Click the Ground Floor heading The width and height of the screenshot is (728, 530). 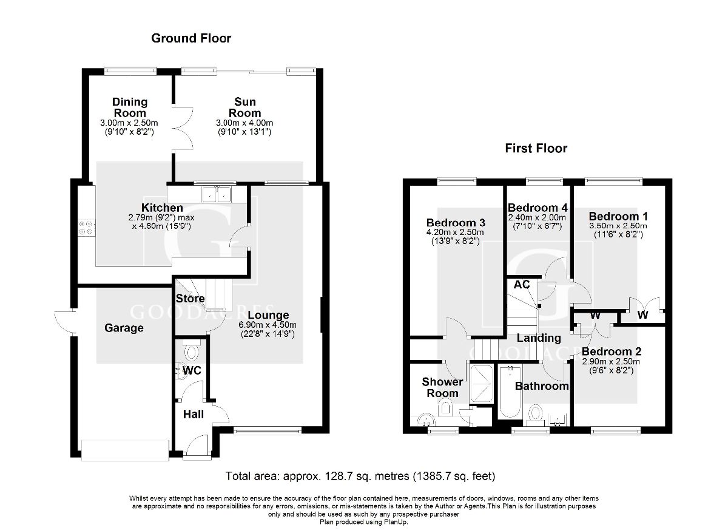[191, 38]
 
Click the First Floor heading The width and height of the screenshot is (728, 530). [536, 148]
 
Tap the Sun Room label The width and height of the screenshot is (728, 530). [244, 107]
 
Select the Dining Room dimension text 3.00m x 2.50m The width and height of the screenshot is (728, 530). [129, 123]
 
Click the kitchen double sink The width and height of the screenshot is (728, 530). [216, 194]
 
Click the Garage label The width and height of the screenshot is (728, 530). [124, 328]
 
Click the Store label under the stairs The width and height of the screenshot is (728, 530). [190, 299]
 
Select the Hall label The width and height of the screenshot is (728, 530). [194, 414]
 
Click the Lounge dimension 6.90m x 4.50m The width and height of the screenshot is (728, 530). [268, 325]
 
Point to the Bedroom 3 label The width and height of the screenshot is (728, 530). [456, 223]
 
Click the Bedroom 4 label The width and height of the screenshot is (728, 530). [538, 208]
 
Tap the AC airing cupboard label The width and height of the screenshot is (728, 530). [522, 285]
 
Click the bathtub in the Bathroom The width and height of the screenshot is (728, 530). [510, 392]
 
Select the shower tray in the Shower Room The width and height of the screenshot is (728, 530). [481, 384]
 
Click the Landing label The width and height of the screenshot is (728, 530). [539, 338]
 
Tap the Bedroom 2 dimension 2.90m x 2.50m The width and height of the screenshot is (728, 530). [611, 362]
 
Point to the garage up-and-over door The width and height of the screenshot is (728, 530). [126, 450]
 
